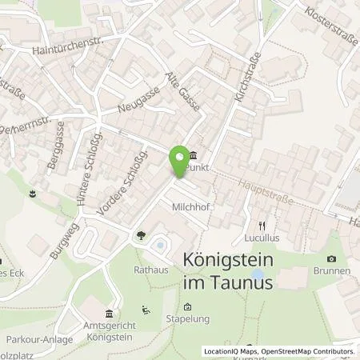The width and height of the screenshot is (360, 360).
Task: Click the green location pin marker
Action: click(x=178, y=166)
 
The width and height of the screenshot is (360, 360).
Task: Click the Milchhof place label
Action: click(x=190, y=206)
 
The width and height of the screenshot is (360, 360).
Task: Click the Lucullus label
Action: click(x=260, y=239)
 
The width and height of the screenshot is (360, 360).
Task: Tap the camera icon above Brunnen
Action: click(x=332, y=258)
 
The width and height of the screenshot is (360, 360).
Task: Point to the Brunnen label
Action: click(x=332, y=271)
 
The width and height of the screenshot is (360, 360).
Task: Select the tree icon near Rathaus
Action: click(x=142, y=235)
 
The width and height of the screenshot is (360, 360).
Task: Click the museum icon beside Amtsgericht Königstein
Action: click(x=109, y=312)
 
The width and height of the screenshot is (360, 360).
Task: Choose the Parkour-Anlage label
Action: click(x=38, y=339)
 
